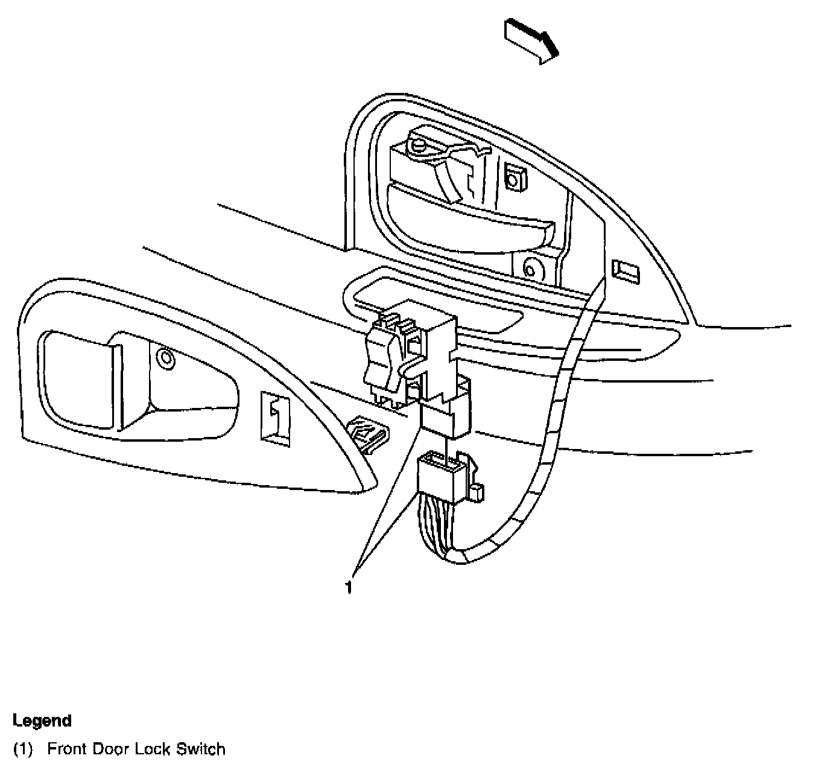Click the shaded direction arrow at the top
tap(531, 40)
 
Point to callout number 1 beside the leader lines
tap(348, 587)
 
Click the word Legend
tap(42, 721)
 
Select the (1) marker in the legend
tap(23, 750)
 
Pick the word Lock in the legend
tap(153, 750)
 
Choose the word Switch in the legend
tap(200, 750)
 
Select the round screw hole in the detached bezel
tap(165, 360)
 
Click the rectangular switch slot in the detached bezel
tap(274, 419)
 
